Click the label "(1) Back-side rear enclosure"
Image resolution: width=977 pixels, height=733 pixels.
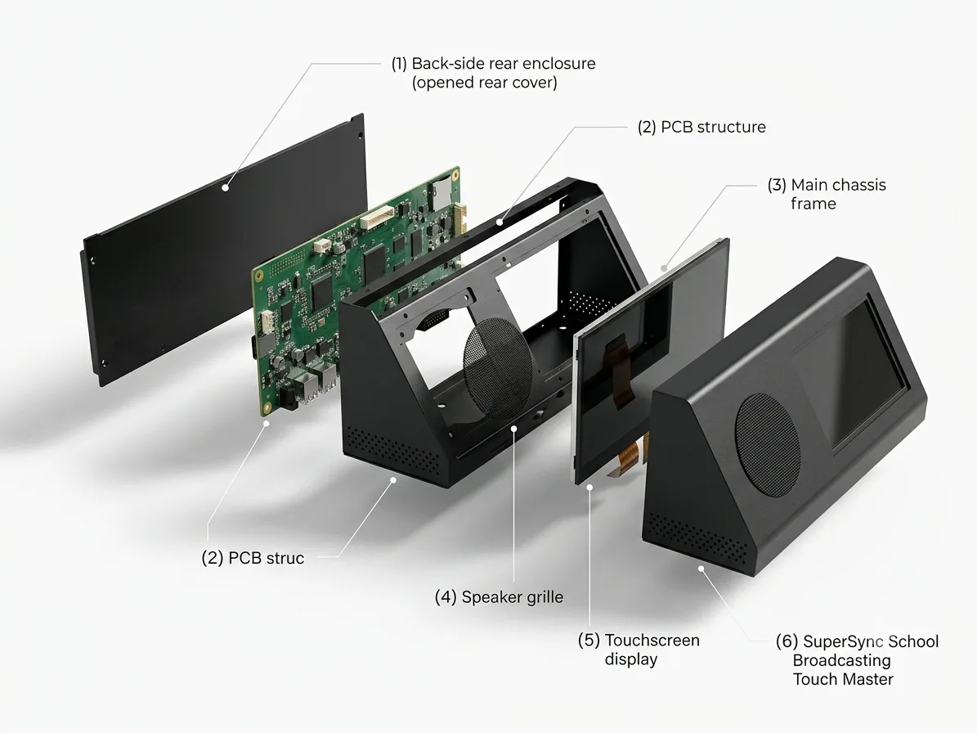(494, 64)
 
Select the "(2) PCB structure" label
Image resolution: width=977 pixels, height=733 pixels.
(701, 127)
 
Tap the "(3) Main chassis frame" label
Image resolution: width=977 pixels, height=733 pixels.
(827, 194)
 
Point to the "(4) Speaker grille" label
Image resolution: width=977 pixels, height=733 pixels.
(499, 597)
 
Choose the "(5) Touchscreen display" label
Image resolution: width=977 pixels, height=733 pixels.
(639, 650)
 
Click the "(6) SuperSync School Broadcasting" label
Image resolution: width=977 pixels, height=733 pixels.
(858, 650)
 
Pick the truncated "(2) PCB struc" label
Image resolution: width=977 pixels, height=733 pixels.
(253, 558)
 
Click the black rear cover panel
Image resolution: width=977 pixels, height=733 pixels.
(224, 250)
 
